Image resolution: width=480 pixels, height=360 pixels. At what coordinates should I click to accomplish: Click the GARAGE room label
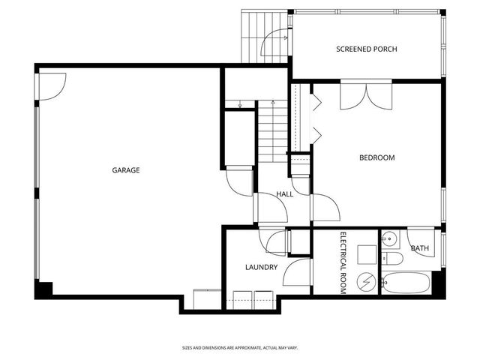click(126, 170)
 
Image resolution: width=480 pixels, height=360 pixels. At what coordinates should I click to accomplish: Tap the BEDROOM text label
click(376, 157)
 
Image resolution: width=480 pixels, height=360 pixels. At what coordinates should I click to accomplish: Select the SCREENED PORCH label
click(366, 49)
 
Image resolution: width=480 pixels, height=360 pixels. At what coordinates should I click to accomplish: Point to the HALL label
click(284, 194)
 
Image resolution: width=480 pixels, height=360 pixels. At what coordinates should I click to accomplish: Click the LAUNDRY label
click(261, 267)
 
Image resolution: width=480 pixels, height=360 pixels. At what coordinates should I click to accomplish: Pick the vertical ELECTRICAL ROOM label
click(343, 263)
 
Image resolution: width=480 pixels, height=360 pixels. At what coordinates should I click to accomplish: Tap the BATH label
click(420, 248)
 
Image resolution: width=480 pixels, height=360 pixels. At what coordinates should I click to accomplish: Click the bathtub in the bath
click(405, 284)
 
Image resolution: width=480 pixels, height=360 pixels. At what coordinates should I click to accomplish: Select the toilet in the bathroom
click(392, 259)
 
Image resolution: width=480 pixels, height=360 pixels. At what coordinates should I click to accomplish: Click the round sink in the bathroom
click(389, 240)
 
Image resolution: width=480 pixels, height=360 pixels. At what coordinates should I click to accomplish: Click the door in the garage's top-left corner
click(51, 84)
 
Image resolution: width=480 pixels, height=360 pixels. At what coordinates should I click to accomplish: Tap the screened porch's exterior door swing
click(271, 45)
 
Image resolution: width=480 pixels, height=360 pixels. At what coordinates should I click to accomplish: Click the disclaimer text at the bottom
click(240, 347)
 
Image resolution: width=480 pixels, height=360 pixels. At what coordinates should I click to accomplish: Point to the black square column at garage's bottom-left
click(43, 289)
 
